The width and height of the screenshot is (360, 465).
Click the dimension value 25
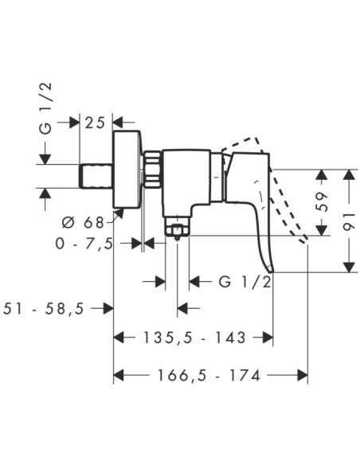96,123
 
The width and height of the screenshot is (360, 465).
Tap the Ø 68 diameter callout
83,222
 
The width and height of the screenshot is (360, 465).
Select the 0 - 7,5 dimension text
84,244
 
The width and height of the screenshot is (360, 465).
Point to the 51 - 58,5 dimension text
44,309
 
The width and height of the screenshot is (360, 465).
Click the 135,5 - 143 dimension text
194,338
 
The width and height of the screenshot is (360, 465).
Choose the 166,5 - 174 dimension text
209,375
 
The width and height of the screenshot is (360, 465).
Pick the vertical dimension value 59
322,201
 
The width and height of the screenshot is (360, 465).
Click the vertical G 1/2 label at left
45,108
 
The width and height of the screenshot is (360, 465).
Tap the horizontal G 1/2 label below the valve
245,281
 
